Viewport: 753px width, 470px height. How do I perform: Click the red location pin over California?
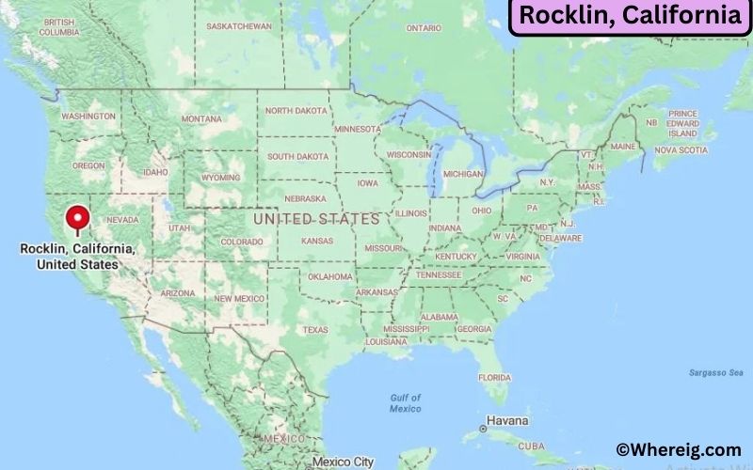[77, 219]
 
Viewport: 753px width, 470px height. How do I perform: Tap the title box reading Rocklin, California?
[629, 16]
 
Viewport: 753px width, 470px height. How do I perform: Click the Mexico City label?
[344, 462]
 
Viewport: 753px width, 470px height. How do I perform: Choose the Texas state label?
[315, 330]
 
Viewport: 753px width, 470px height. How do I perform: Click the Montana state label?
[201, 119]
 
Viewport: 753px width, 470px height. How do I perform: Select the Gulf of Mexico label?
[406, 403]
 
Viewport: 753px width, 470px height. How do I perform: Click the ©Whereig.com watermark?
[679, 450]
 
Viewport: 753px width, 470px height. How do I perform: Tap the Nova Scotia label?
[681, 149]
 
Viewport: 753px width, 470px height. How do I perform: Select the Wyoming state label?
[220, 177]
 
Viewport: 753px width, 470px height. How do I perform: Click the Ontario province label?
[424, 28]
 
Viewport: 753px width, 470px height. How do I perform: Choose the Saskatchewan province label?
[239, 25]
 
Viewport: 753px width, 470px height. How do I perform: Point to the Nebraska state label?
[306, 198]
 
